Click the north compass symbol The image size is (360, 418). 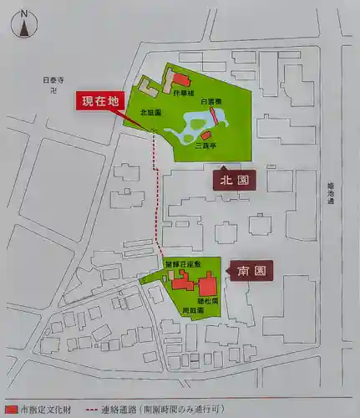[24, 25]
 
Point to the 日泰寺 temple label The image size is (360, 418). [53, 80]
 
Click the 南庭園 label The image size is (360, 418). [195, 309]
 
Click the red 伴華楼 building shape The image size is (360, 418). [180, 81]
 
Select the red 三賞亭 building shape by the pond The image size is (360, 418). [205, 135]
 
